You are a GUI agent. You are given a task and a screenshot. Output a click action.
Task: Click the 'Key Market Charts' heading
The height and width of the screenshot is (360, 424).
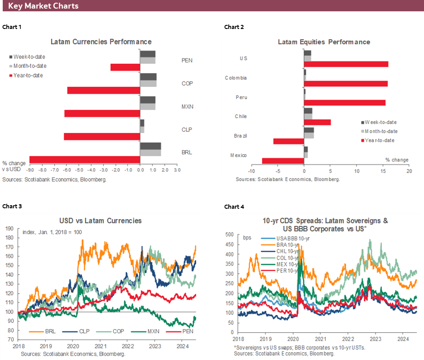(x=43, y=6)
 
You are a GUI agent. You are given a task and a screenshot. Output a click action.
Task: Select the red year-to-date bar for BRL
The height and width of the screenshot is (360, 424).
(x=85, y=159)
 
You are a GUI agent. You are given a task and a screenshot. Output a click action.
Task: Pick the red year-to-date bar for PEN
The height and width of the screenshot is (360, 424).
(x=125, y=67)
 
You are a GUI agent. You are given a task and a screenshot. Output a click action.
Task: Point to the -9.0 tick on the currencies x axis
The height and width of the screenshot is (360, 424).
(x=30, y=171)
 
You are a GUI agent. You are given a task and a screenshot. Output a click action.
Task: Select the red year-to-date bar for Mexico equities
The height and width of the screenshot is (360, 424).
(x=283, y=161)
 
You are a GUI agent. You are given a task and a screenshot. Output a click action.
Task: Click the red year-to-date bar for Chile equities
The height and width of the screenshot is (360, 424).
(x=317, y=122)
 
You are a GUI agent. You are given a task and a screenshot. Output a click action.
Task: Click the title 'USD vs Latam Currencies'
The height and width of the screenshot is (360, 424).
(x=101, y=221)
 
